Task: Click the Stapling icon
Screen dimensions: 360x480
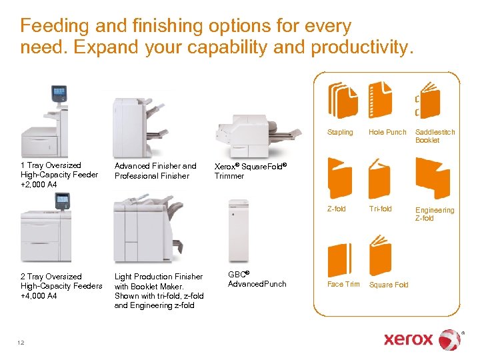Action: point(343,102)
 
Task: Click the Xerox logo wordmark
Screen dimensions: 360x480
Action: point(408,339)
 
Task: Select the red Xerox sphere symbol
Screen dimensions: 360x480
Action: point(450,339)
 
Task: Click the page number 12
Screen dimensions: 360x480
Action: point(21,343)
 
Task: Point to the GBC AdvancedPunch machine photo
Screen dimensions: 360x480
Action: point(238,230)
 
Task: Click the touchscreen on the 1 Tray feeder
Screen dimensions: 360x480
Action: point(59,93)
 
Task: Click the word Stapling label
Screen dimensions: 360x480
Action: point(340,132)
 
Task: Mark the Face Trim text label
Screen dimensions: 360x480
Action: point(343,284)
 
